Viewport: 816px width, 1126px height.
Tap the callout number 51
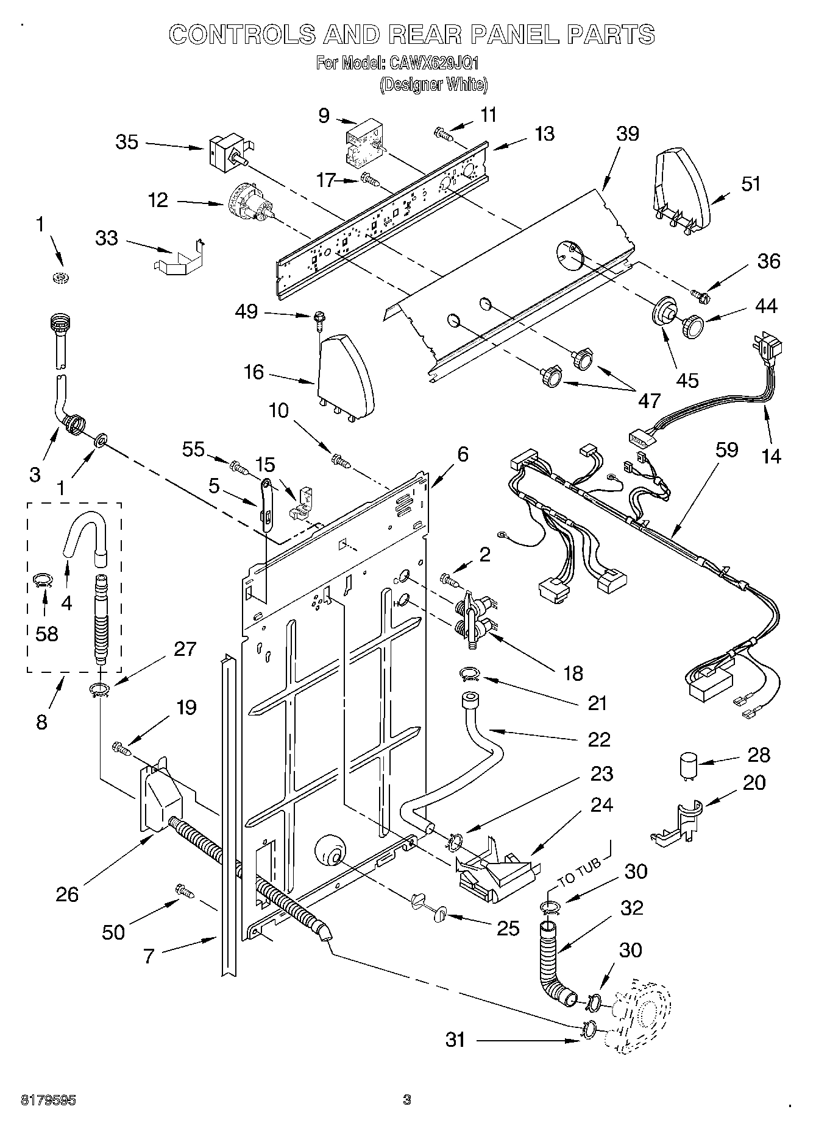tap(750, 183)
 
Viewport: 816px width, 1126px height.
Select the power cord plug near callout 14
tap(769, 349)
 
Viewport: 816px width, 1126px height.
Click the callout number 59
tap(727, 450)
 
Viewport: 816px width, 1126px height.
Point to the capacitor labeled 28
tap(689, 766)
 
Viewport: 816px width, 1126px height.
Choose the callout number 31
tap(455, 1040)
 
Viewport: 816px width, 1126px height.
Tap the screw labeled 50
tap(185, 891)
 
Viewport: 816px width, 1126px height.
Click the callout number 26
tap(67, 894)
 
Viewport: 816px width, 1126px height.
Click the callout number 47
tap(650, 400)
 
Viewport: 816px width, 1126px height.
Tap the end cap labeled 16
tap(345, 373)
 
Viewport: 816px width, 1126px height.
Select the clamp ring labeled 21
tap(469, 674)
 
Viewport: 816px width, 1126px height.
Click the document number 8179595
tap(49, 1100)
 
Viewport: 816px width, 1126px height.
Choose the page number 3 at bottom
tap(406, 1099)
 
